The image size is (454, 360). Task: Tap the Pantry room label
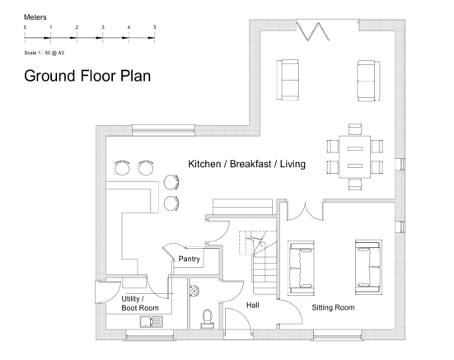pyautogui.click(x=190, y=259)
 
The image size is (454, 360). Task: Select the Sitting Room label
pyautogui.click(x=333, y=307)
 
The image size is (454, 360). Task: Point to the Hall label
pyautogui.click(x=254, y=305)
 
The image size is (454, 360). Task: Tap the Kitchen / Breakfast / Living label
pyautogui.click(x=246, y=165)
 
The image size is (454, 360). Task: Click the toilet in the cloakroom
pyautogui.click(x=207, y=316)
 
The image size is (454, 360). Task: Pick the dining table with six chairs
pyautogui.click(x=355, y=157)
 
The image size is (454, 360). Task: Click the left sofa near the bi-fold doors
pyautogui.click(x=288, y=80)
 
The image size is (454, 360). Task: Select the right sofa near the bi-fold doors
pyautogui.click(x=367, y=80)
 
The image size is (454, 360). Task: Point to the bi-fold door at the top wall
pyautogui.click(x=314, y=30)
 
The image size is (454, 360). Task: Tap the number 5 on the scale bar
pyautogui.click(x=154, y=28)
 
